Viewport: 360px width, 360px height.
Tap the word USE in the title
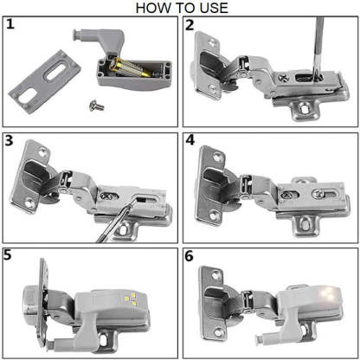tap(211, 8)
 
